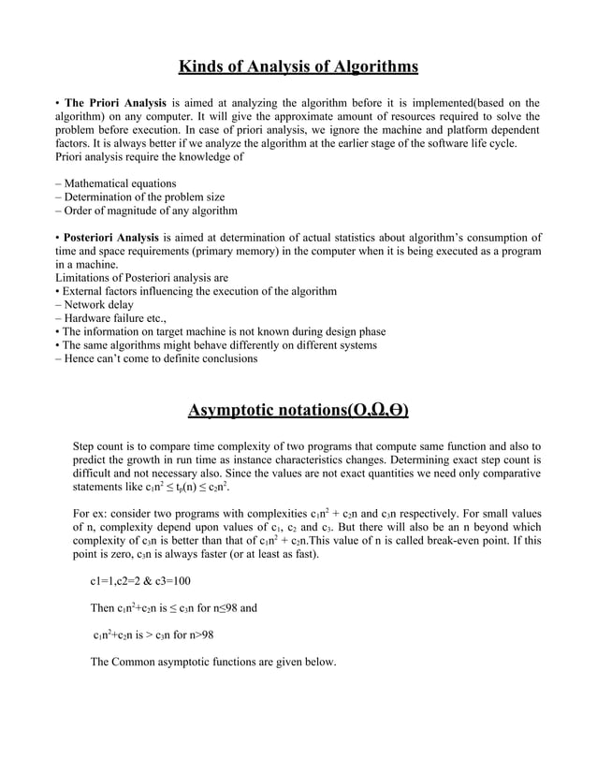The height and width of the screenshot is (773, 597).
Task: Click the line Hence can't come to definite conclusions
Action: coord(155,358)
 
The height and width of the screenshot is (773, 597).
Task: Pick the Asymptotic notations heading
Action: coord(298,411)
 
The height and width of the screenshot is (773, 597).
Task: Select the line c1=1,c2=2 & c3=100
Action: coord(140,581)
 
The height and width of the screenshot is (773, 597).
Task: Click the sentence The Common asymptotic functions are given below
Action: coord(212,663)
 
